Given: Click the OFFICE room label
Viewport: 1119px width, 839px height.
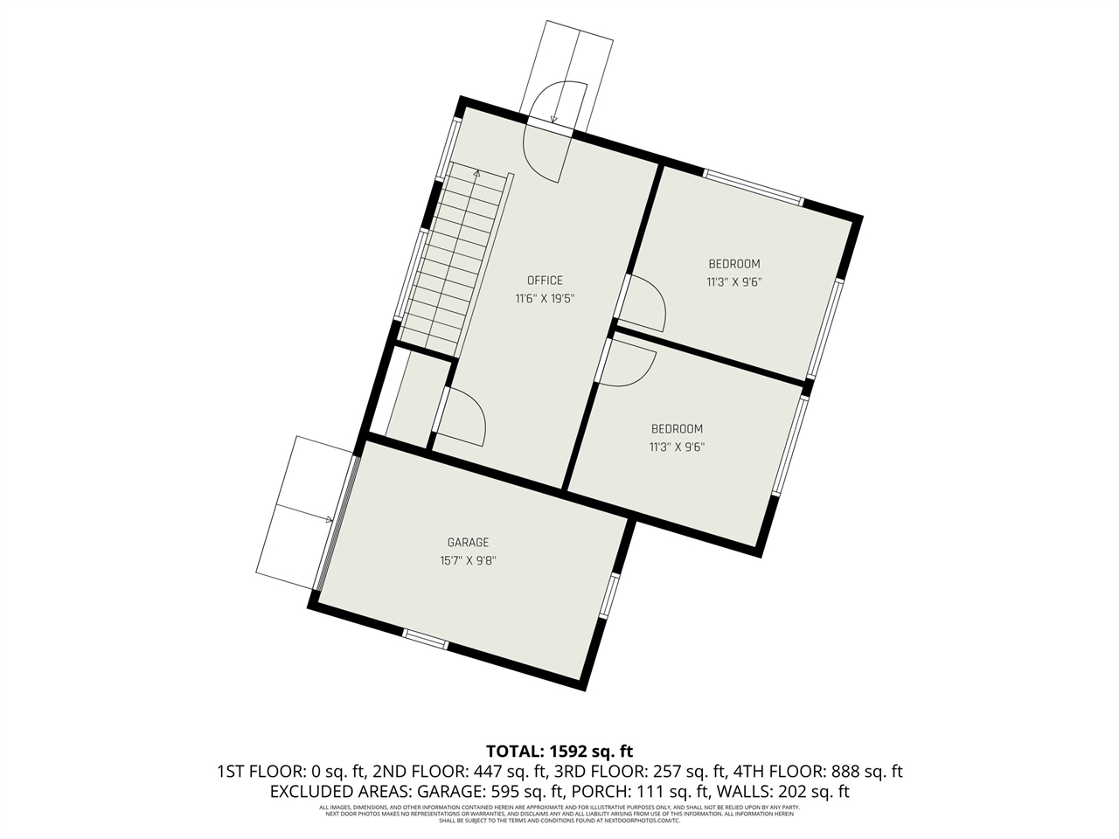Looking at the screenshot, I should [544, 281].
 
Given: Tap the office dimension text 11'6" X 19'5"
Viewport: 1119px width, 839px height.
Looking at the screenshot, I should [544, 298].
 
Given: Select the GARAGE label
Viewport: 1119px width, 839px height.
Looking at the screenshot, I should [468, 543].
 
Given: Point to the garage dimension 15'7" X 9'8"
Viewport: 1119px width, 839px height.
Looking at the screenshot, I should [468, 560].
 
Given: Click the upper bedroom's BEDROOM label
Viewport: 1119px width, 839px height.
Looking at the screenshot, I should [733, 264].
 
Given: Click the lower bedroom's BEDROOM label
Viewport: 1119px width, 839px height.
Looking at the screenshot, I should [677, 429].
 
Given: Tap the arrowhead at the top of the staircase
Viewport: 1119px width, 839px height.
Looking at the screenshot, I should [476, 174].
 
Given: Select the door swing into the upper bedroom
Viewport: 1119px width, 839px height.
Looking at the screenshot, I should [645, 302].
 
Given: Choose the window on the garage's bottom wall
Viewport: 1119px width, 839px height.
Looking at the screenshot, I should [426, 639].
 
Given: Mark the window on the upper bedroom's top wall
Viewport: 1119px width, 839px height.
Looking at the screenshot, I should [753, 187].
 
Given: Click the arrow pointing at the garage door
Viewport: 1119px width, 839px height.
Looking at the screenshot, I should [329, 520].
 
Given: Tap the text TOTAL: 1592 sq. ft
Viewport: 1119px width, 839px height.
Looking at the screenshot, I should [559, 751].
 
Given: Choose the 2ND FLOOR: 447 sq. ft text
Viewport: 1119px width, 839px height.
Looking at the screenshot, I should [460, 772].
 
